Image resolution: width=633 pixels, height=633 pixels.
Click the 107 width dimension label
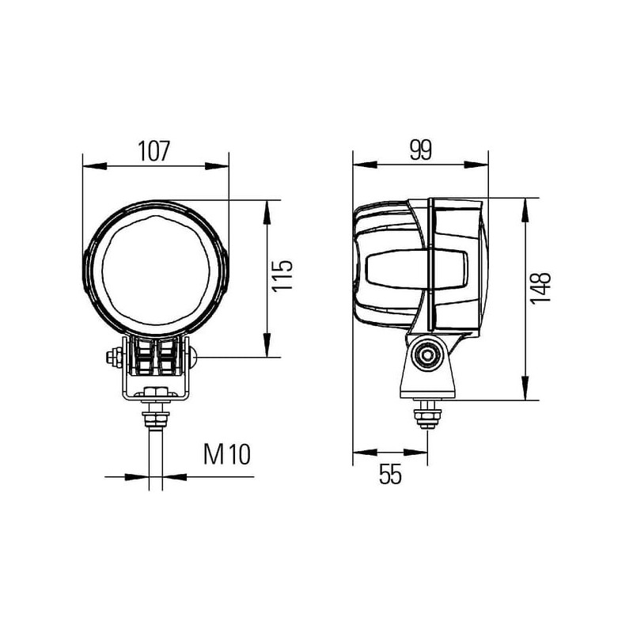coord(154,151)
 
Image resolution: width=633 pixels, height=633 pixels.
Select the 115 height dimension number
coord(282,275)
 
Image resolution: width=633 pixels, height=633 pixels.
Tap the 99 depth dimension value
coord(421,150)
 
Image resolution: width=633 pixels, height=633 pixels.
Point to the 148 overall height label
coord(540,288)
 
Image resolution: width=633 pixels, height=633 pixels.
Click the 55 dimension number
coord(390,474)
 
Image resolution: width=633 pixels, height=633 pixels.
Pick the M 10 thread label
coord(227,454)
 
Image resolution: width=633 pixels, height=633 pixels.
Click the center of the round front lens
coord(156,270)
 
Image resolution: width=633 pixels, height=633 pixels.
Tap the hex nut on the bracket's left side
coord(114,358)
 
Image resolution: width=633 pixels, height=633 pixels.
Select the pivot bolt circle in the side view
coord(426,355)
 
